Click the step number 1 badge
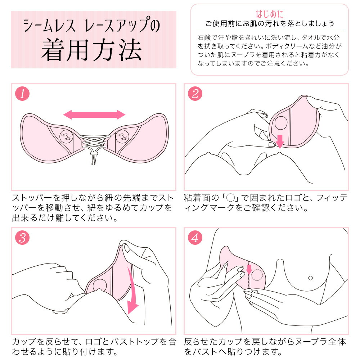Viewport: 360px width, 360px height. click(x=22, y=94)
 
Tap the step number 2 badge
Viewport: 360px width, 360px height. click(x=195, y=94)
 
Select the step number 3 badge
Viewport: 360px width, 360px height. click(x=22, y=238)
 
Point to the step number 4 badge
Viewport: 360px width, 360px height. click(x=195, y=238)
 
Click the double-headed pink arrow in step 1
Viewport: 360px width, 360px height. click(x=94, y=115)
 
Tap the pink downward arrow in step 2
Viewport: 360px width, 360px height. click(x=280, y=141)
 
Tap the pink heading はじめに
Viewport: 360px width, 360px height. click(x=270, y=14)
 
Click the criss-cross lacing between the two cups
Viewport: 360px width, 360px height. click(x=93, y=141)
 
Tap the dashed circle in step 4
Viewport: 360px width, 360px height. click(x=257, y=275)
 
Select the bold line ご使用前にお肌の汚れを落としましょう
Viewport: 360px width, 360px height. click(x=270, y=24)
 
